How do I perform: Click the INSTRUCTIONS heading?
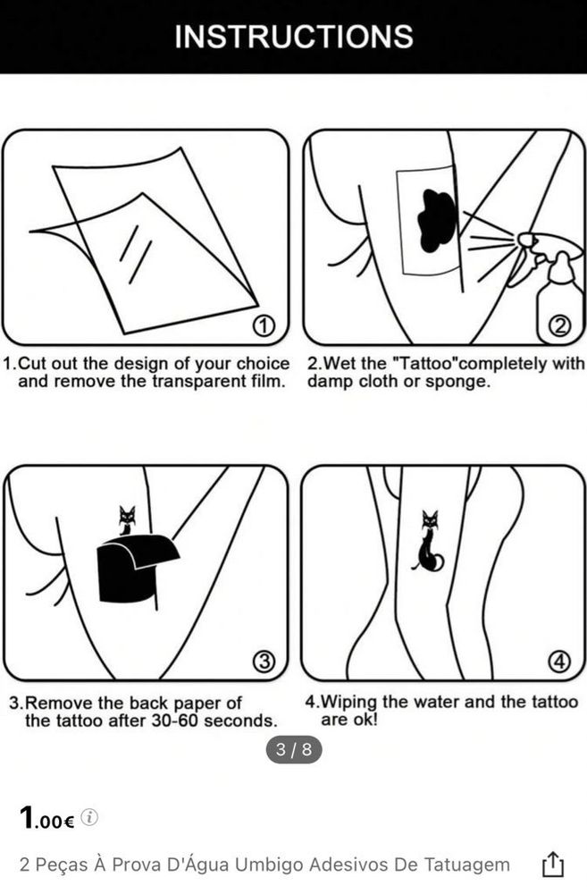(293, 37)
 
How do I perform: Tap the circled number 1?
(264, 326)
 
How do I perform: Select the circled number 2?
(560, 326)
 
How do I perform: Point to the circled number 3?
(264, 662)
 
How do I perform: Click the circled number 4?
(559, 662)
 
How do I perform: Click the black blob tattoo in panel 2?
(437, 222)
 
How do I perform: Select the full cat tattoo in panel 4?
(429, 542)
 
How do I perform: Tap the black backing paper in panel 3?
(137, 569)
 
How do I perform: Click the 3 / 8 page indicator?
(294, 748)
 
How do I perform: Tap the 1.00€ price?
(46, 818)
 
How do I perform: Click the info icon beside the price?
(89, 817)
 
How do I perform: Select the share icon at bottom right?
(552, 864)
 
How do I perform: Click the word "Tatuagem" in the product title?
(466, 864)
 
